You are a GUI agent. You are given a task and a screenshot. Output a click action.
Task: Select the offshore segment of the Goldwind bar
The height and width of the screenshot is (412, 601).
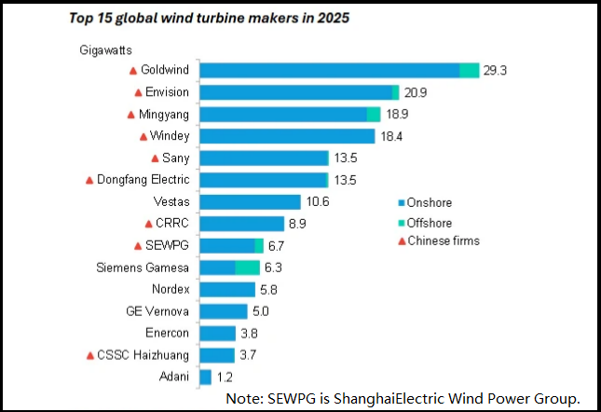point(470,71)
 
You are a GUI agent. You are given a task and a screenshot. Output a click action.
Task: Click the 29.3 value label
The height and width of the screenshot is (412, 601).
point(495,71)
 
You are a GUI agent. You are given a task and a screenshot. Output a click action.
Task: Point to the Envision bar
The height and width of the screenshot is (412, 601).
point(300,92)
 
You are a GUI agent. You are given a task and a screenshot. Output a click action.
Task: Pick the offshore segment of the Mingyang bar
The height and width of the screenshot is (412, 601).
point(374,114)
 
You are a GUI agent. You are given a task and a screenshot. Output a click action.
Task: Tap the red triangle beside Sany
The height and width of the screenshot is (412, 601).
point(155,158)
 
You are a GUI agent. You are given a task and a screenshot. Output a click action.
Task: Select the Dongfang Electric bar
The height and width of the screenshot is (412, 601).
point(264,179)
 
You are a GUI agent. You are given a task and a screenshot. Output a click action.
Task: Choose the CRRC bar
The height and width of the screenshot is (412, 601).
point(242,224)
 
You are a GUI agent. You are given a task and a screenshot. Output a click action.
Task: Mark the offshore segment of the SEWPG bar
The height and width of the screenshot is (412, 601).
point(259,245)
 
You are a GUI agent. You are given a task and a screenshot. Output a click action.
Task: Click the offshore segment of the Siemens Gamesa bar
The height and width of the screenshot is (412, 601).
point(247,268)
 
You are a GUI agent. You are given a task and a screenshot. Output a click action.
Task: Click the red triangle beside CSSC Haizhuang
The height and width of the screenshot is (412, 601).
point(90,355)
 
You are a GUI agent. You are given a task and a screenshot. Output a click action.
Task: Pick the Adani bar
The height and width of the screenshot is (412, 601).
point(206,377)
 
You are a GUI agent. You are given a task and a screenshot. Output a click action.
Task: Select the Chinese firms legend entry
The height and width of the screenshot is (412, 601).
point(438,241)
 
